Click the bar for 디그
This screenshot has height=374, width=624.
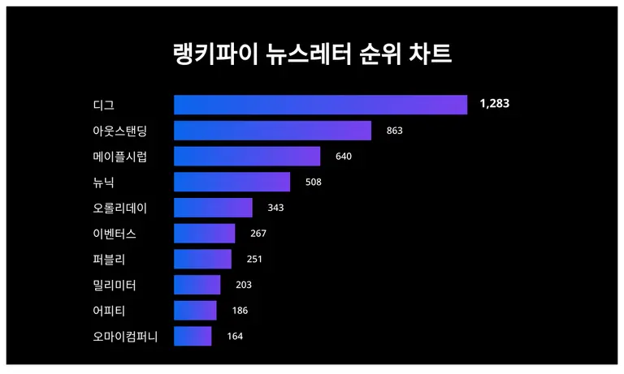click(x=320, y=105)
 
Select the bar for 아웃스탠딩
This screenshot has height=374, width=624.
click(x=272, y=131)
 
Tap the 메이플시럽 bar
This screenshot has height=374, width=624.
click(x=247, y=157)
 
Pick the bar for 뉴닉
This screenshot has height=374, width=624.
click(x=232, y=182)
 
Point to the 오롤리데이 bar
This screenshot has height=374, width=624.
click(x=213, y=208)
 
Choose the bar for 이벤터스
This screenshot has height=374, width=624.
click(x=204, y=234)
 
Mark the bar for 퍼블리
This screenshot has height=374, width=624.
click(x=202, y=260)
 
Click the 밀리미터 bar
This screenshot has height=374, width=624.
click(x=197, y=285)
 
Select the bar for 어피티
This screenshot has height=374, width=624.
click(x=195, y=311)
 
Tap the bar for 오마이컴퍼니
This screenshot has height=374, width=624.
click(x=193, y=336)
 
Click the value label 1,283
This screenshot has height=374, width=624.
click(x=494, y=104)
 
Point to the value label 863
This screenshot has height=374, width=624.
click(x=395, y=131)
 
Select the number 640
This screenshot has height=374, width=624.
click(x=344, y=157)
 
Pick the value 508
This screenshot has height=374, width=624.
click(x=314, y=182)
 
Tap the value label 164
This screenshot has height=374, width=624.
click(x=235, y=336)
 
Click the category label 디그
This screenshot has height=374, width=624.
click(x=104, y=105)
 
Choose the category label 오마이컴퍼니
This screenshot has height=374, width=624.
click(x=125, y=336)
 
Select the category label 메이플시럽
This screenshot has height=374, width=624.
click(x=119, y=157)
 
